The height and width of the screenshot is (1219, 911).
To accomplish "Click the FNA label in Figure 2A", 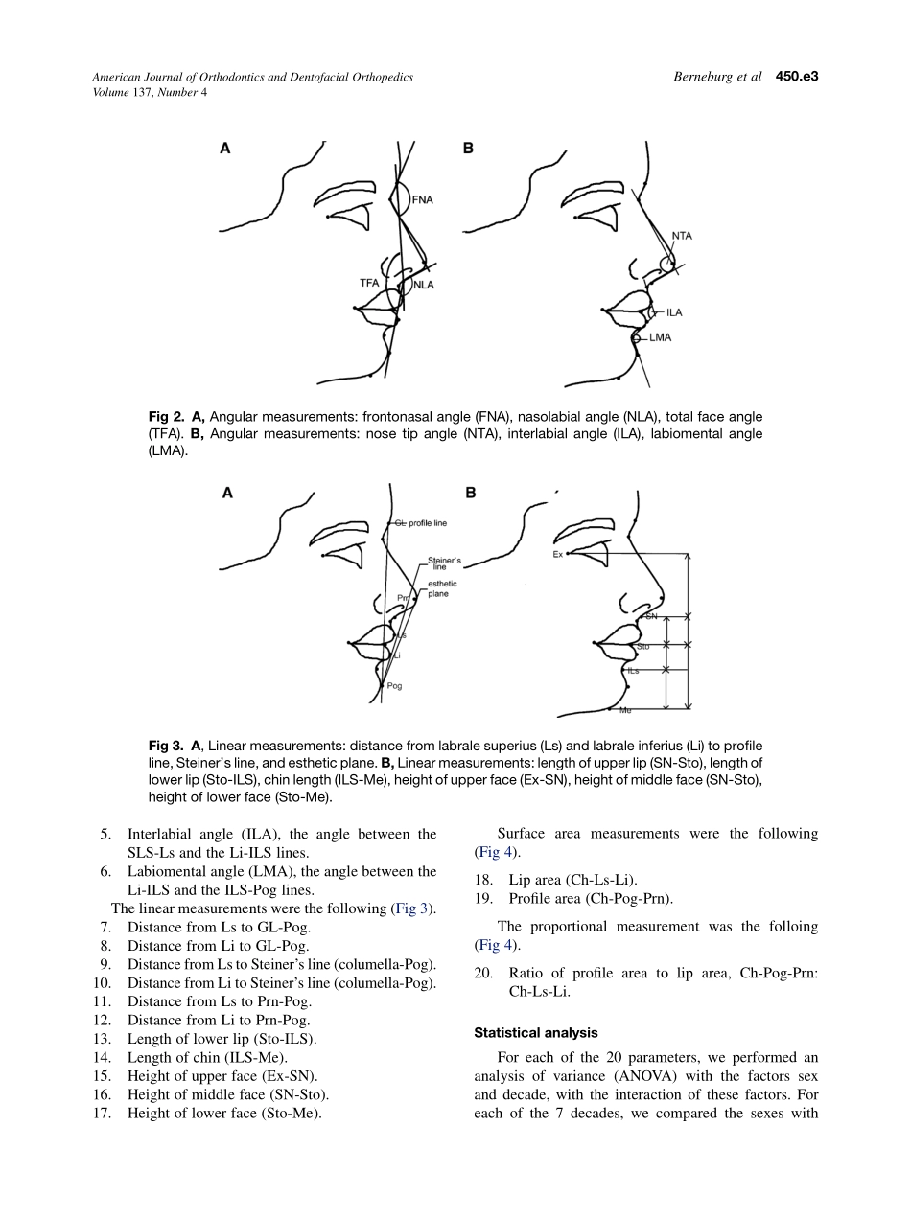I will (x=423, y=200).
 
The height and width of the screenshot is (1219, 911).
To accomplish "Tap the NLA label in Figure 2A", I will (x=424, y=284).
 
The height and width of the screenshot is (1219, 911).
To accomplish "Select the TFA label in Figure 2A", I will (x=369, y=283).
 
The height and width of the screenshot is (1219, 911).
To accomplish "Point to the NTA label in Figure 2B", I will (x=682, y=236).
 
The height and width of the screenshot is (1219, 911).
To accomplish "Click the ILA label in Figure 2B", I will (x=674, y=312).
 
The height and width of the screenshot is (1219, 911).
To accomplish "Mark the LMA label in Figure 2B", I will (x=660, y=337).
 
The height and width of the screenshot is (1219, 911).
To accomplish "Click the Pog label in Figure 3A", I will (x=395, y=686).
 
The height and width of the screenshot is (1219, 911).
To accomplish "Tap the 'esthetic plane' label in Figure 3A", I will (x=442, y=589).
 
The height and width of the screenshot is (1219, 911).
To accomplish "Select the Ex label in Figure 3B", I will (x=557, y=554).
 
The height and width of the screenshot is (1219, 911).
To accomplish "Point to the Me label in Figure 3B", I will (x=625, y=710).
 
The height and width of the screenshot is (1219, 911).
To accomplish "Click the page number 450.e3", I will (x=797, y=77).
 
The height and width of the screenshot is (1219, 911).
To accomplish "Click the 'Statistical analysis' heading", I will (x=534, y=1033).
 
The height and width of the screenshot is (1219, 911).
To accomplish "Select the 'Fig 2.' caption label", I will (x=168, y=417).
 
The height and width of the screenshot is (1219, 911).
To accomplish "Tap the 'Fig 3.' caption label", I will (x=168, y=746).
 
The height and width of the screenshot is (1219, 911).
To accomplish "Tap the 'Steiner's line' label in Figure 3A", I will (x=444, y=563).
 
